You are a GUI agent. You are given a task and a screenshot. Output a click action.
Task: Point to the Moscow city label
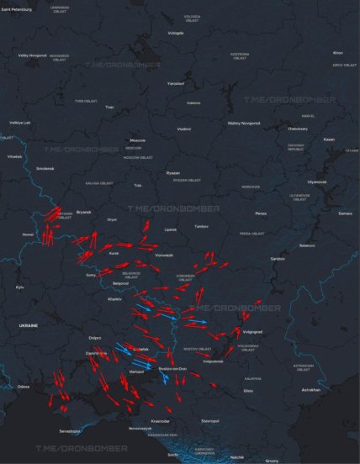coord(137,140)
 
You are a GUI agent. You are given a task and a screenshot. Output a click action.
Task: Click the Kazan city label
coord(329,139)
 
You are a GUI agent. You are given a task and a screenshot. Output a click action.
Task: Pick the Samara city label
coord(345,214)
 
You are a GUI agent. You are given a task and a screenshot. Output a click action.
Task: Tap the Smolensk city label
coord(44,168)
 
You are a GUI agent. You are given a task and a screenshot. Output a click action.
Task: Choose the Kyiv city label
coord(20,287)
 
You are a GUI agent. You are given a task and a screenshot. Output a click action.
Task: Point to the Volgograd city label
coord(253,331)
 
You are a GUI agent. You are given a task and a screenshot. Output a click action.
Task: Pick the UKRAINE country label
coord(29,324)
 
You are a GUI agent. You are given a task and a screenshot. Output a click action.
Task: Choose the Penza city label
coord(261,214)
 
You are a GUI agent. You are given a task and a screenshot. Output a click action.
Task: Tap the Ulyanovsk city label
coord(317,182)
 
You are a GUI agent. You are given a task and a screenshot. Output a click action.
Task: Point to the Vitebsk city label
coord(15,156)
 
